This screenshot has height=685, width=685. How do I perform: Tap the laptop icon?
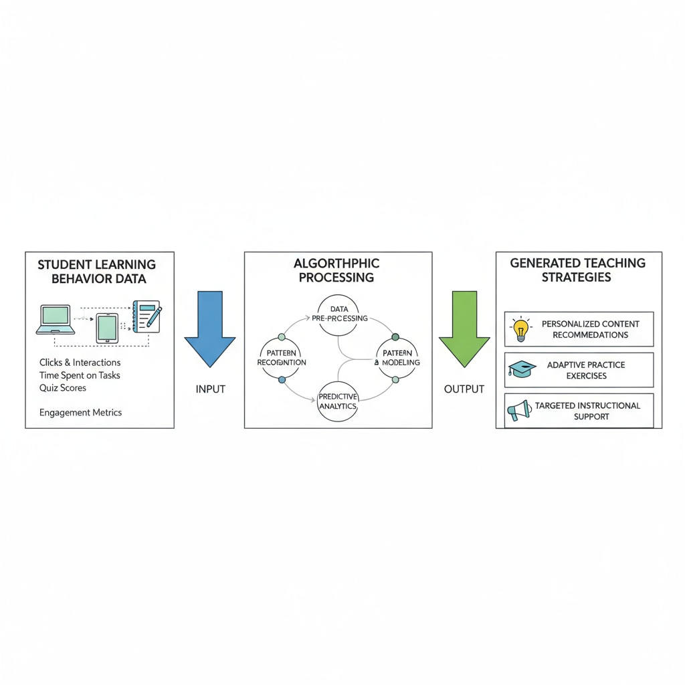point(55,319)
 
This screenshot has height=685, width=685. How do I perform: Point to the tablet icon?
point(107,328)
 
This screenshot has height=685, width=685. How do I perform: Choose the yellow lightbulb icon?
point(520,329)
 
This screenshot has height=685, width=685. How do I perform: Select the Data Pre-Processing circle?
point(339,313)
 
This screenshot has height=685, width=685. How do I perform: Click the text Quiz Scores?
point(63,388)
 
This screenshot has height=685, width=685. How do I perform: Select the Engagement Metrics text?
point(80,413)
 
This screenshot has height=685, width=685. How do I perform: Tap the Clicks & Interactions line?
point(80,363)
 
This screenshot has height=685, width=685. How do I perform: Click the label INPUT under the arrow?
point(210,389)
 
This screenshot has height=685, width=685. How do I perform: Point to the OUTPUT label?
point(464,389)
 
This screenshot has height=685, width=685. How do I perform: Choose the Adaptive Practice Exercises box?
point(579,370)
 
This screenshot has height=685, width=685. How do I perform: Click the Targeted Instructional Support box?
point(579,411)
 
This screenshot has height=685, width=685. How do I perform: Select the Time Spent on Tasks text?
point(80,375)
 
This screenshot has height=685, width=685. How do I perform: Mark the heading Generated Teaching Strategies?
point(578,270)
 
